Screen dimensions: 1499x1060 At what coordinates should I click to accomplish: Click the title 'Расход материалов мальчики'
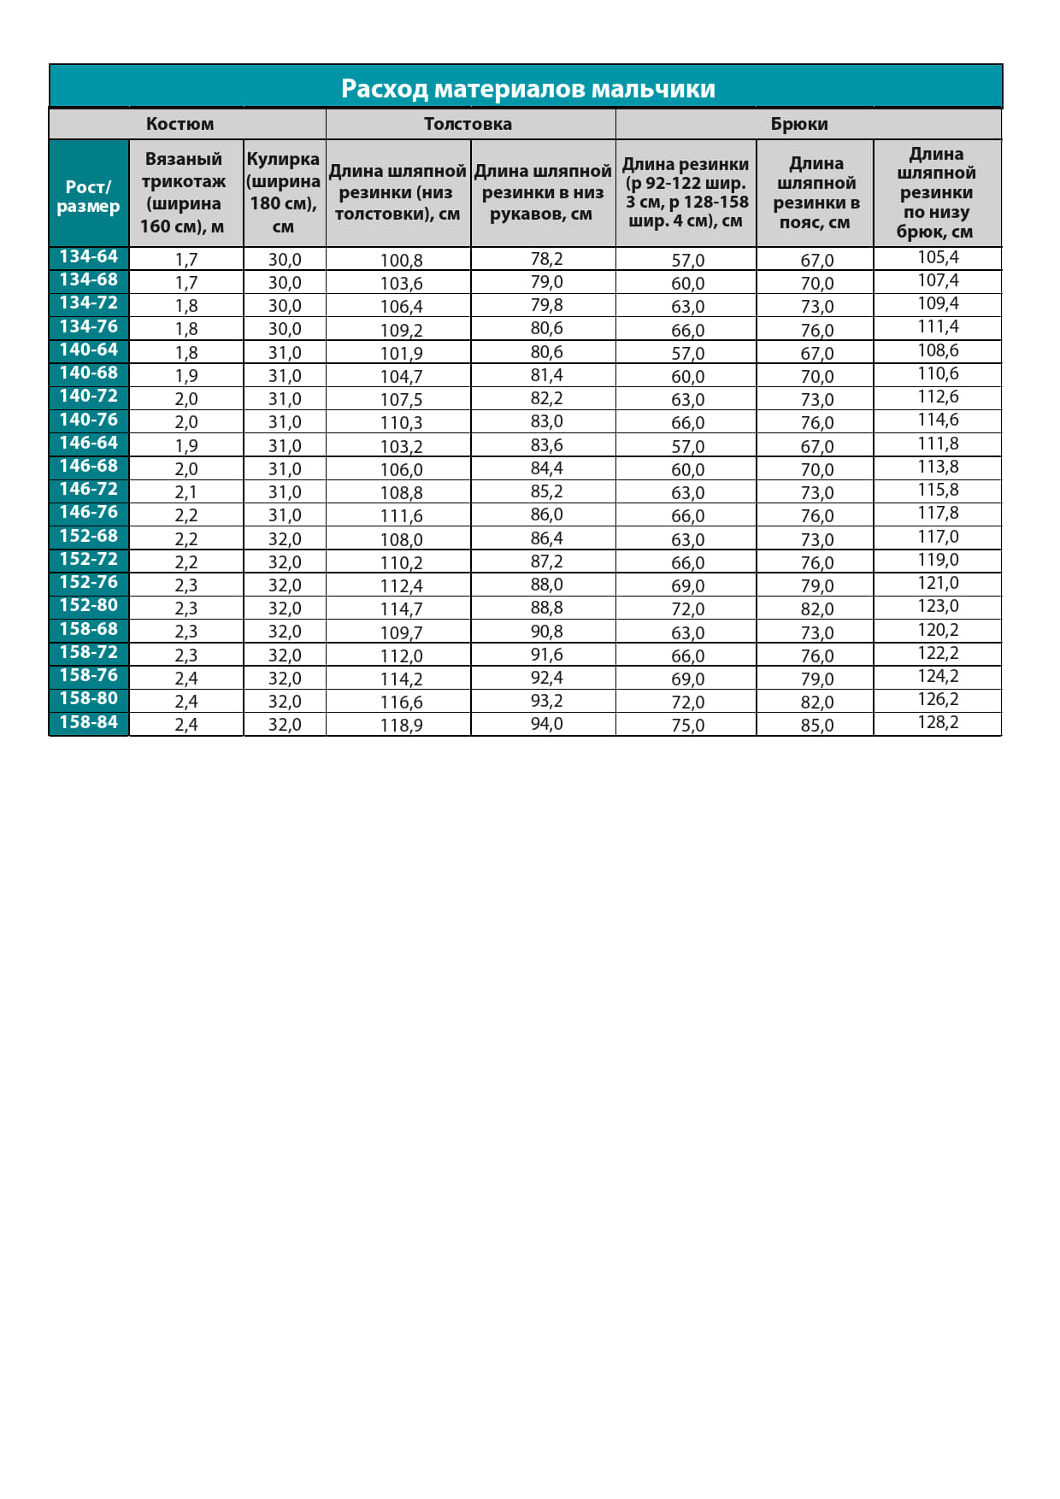coord(527,88)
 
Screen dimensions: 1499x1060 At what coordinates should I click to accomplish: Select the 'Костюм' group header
coord(180,124)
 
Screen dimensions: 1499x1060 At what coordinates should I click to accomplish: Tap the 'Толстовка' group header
coord(468,124)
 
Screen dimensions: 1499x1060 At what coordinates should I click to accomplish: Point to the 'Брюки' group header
coord(799,124)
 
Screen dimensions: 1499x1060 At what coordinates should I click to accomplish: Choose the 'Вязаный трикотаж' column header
coord(184,192)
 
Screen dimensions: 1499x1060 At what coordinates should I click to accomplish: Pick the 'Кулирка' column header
coord(283,192)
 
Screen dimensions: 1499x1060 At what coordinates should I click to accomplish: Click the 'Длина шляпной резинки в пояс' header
coord(816,192)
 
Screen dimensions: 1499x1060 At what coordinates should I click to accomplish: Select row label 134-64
coord(88,257)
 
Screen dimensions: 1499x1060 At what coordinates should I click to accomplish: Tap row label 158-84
coord(88,722)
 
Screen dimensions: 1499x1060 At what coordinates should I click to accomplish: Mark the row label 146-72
coord(88,490)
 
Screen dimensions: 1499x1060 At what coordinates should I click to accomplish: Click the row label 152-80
coord(88,606)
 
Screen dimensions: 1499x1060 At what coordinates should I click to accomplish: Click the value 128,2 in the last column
coord(938,723)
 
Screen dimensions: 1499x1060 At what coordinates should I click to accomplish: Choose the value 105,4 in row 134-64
coord(938,258)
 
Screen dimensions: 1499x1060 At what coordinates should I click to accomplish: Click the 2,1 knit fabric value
coord(186,492)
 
